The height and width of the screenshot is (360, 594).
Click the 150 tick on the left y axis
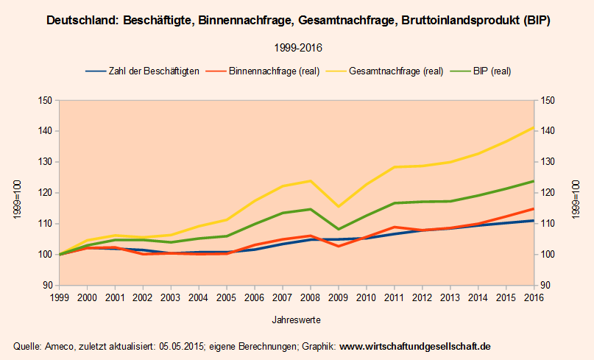click(44, 101)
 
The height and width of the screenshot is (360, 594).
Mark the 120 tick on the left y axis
click(44, 193)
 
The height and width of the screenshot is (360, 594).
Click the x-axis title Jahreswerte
click(296, 320)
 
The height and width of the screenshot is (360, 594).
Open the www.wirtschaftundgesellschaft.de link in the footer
click(414, 346)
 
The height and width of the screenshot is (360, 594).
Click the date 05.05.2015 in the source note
click(177, 346)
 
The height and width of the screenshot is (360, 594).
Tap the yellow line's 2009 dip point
click(337, 206)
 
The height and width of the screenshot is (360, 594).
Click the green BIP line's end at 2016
click(532, 181)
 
